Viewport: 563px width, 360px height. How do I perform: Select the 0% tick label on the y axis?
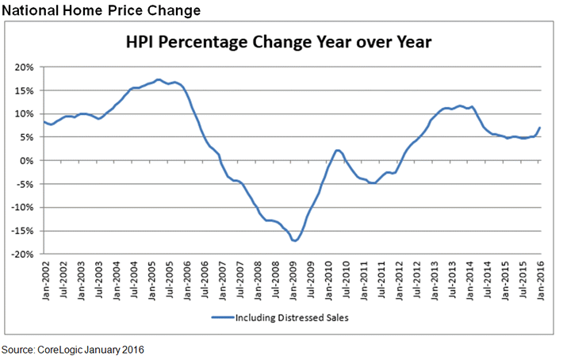click(28, 160)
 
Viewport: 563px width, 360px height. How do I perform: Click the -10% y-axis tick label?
click(24, 207)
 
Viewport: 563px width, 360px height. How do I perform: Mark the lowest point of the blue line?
click(294, 240)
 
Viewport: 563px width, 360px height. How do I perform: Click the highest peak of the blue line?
click(159, 79)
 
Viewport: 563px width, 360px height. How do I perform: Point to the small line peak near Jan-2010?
click(337, 150)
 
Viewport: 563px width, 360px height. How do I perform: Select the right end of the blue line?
click(540, 128)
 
